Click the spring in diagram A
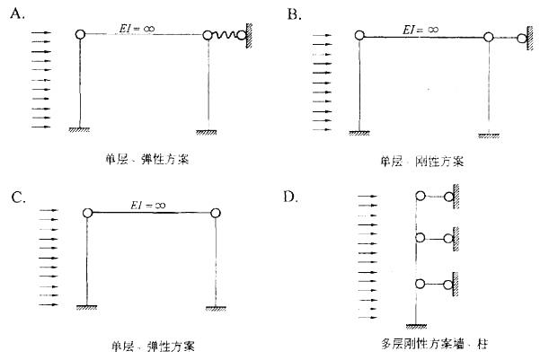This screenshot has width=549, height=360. [x=224, y=35]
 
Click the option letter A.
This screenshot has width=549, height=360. [x=17, y=14]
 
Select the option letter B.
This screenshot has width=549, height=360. [x=294, y=14]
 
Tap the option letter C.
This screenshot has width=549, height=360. [x=19, y=198]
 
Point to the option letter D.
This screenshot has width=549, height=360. [x=290, y=198]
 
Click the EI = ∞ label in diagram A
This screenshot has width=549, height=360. [x=137, y=29]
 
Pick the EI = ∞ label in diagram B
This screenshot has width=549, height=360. [x=421, y=30]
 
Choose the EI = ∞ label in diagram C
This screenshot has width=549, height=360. [x=147, y=206]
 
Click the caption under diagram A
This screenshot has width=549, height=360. [x=147, y=160]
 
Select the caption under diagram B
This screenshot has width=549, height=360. [x=422, y=162]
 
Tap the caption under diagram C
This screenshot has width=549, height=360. [x=153, y=347]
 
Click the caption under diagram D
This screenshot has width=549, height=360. [x=434, y=344]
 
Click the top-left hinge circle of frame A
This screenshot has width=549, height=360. [x=80, y=34]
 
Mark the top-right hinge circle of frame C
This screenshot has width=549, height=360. [x=216, y=213]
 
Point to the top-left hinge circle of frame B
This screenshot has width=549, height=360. [x=359, y=35]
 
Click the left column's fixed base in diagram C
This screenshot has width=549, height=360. [x=86, y=307]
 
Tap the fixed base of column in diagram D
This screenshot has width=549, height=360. [x=416, y=327]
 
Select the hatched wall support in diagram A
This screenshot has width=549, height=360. [x=249, y=35]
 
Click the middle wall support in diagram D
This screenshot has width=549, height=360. [x=456, y=239]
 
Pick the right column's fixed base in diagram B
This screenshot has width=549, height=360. [x=489, y=136]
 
